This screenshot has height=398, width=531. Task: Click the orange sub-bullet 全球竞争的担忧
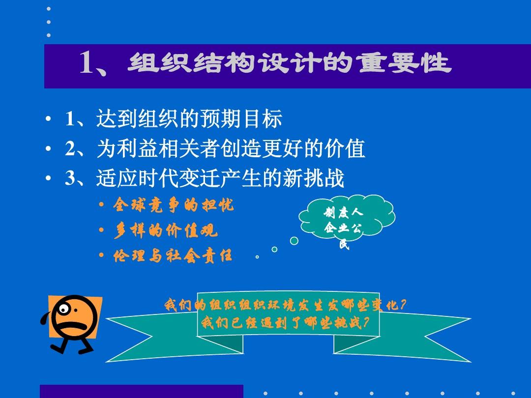pos(173,205)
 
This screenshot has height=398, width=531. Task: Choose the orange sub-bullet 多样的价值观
pos(165,230)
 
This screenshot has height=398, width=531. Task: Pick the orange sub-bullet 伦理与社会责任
pos(173,256)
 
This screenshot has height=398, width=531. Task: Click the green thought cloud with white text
pos(345,221)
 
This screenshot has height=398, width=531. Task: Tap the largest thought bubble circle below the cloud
pos(294,241)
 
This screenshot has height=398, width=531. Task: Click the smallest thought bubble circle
pos(257,256)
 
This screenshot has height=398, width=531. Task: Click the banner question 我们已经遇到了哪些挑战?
pos(285,323)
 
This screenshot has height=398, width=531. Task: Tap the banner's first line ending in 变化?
pos(286,305)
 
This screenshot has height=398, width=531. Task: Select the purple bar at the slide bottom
pos(142,391)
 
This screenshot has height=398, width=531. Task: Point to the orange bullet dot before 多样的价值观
pos(102,230)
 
